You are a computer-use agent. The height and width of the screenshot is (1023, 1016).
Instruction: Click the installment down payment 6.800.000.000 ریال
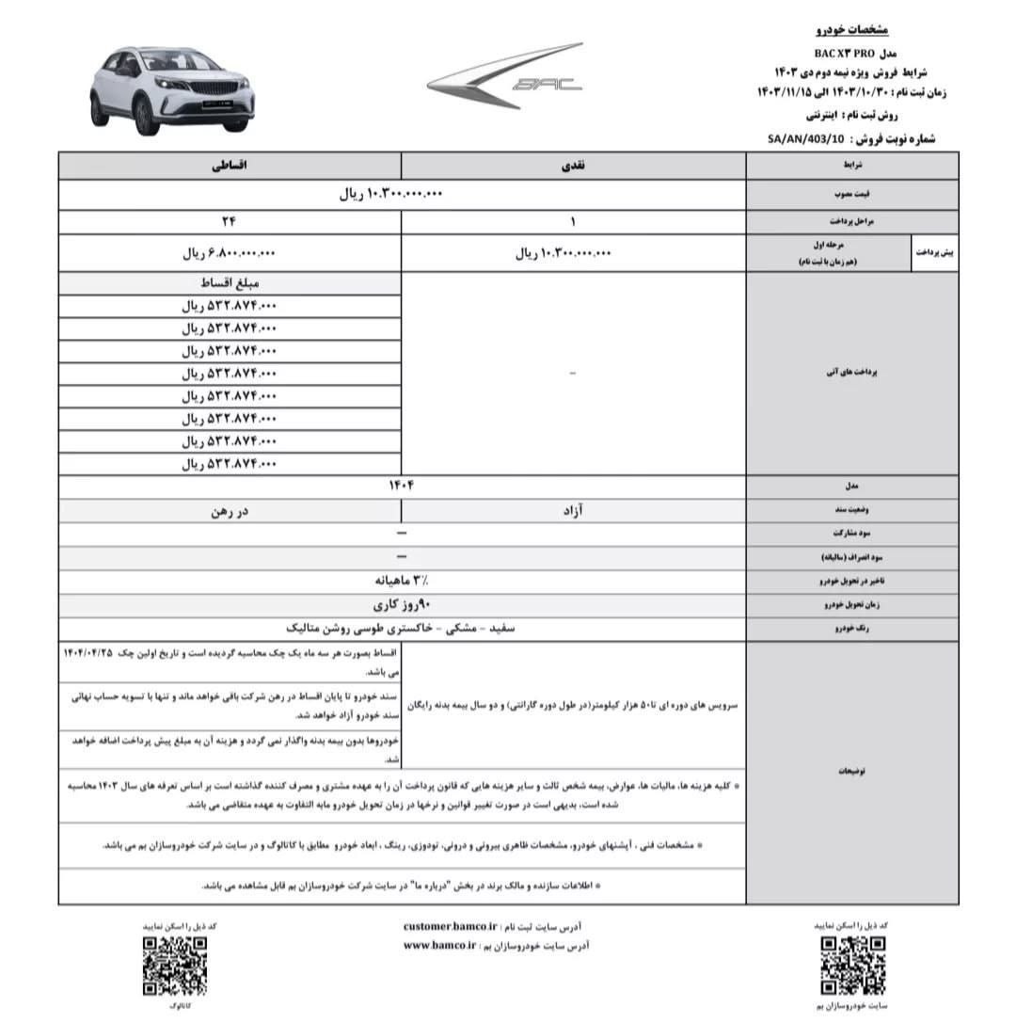(x=230, y=253)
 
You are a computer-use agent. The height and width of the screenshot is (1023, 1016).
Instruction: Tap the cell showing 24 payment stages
(x=230, y=222)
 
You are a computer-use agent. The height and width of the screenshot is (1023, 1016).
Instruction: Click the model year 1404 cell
(x=402, y=487)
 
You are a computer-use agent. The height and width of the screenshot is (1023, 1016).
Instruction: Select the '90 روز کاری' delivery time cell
(x=402, y=604)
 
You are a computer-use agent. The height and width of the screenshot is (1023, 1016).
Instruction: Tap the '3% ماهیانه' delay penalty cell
(x=402, y=581)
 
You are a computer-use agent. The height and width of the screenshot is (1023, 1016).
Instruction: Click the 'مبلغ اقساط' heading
(x=230, y=282)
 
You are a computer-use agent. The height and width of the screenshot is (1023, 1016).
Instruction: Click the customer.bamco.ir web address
(x=450, y=926)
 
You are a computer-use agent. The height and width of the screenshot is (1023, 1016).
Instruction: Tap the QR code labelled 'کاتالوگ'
(x=175, y=965)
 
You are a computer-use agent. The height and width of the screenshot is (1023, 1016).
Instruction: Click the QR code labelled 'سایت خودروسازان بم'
(x=852, y=965)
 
